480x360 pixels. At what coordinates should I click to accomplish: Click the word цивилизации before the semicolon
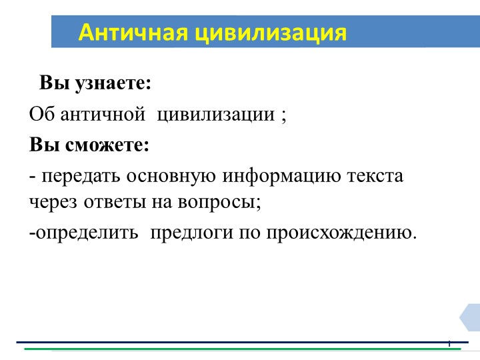(213, 114)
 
